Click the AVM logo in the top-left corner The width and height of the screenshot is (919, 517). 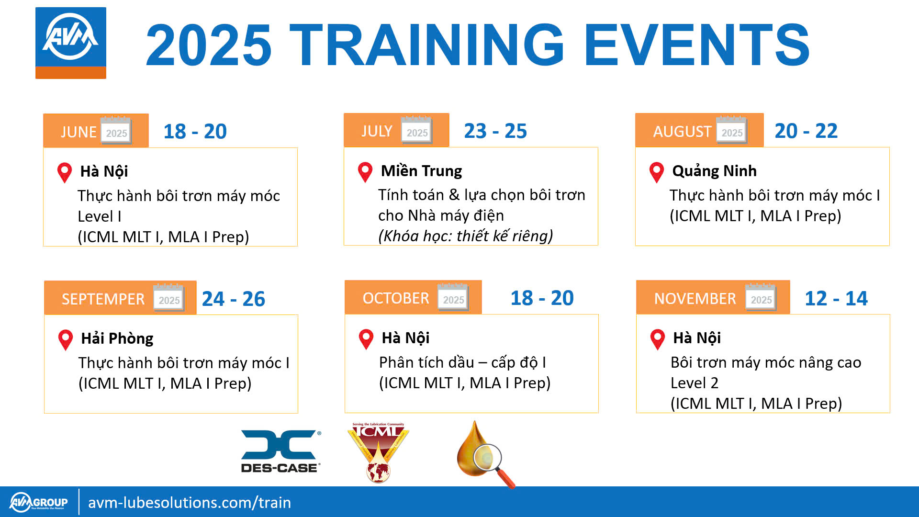point(71,43)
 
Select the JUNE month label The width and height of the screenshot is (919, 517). point(78,132)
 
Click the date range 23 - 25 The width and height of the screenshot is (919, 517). point(495,131)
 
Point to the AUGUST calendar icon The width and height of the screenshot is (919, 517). point(731,130)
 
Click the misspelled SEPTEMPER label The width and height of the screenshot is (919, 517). point(103,299)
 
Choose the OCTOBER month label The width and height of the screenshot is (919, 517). point(396,298)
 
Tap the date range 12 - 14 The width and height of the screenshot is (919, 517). point(836,298)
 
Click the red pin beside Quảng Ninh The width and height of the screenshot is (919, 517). point(656,172)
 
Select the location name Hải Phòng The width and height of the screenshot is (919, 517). point(117,338)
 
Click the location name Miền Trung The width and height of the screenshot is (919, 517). point(421,170)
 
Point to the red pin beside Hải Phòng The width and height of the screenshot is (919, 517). point(65,340)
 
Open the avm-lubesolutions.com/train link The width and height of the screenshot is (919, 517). point(190,502)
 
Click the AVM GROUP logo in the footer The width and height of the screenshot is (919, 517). point(39,502)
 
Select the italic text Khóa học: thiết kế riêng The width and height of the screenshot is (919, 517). point(465,236)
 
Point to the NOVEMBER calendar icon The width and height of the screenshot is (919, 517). point(761,297)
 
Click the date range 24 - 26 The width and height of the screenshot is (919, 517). point(234,299)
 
